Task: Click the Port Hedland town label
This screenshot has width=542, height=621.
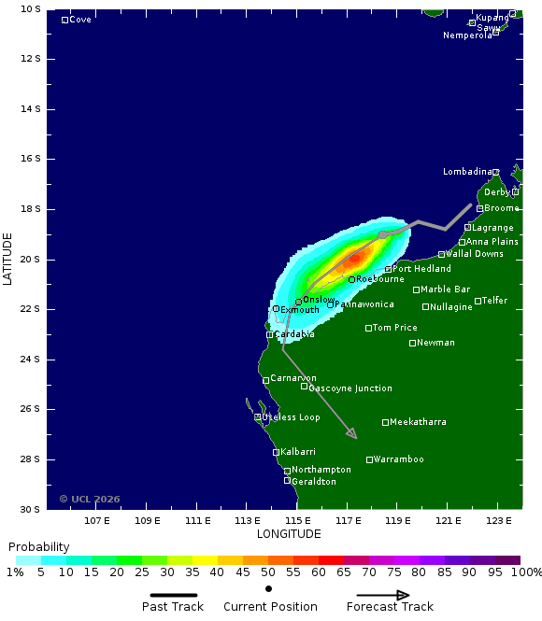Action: coord(421,269)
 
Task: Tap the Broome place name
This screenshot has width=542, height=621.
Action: coord(502,208)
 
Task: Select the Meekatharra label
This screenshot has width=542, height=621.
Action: coord(418,422)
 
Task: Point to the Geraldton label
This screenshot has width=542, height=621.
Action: coord(314,482)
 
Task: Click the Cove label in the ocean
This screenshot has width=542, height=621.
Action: coord(80,20)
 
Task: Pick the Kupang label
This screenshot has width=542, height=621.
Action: coord(492,18)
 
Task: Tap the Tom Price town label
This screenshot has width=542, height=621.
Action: coord(394,328)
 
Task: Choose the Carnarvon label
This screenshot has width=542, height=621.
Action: coord(293,378)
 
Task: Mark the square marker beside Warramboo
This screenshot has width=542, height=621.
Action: coord(369,459)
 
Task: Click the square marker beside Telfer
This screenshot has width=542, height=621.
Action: coord(478,301)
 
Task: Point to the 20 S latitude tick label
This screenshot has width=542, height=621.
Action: coord(31,259)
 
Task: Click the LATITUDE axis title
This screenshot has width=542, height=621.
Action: coord(7,259)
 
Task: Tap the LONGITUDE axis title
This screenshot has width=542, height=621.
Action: coord(289,534)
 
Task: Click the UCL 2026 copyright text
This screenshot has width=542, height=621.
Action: coord(90,499)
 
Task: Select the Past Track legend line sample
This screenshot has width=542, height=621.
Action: coord(173,595)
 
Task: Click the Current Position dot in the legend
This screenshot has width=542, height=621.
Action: coord(268,588)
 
